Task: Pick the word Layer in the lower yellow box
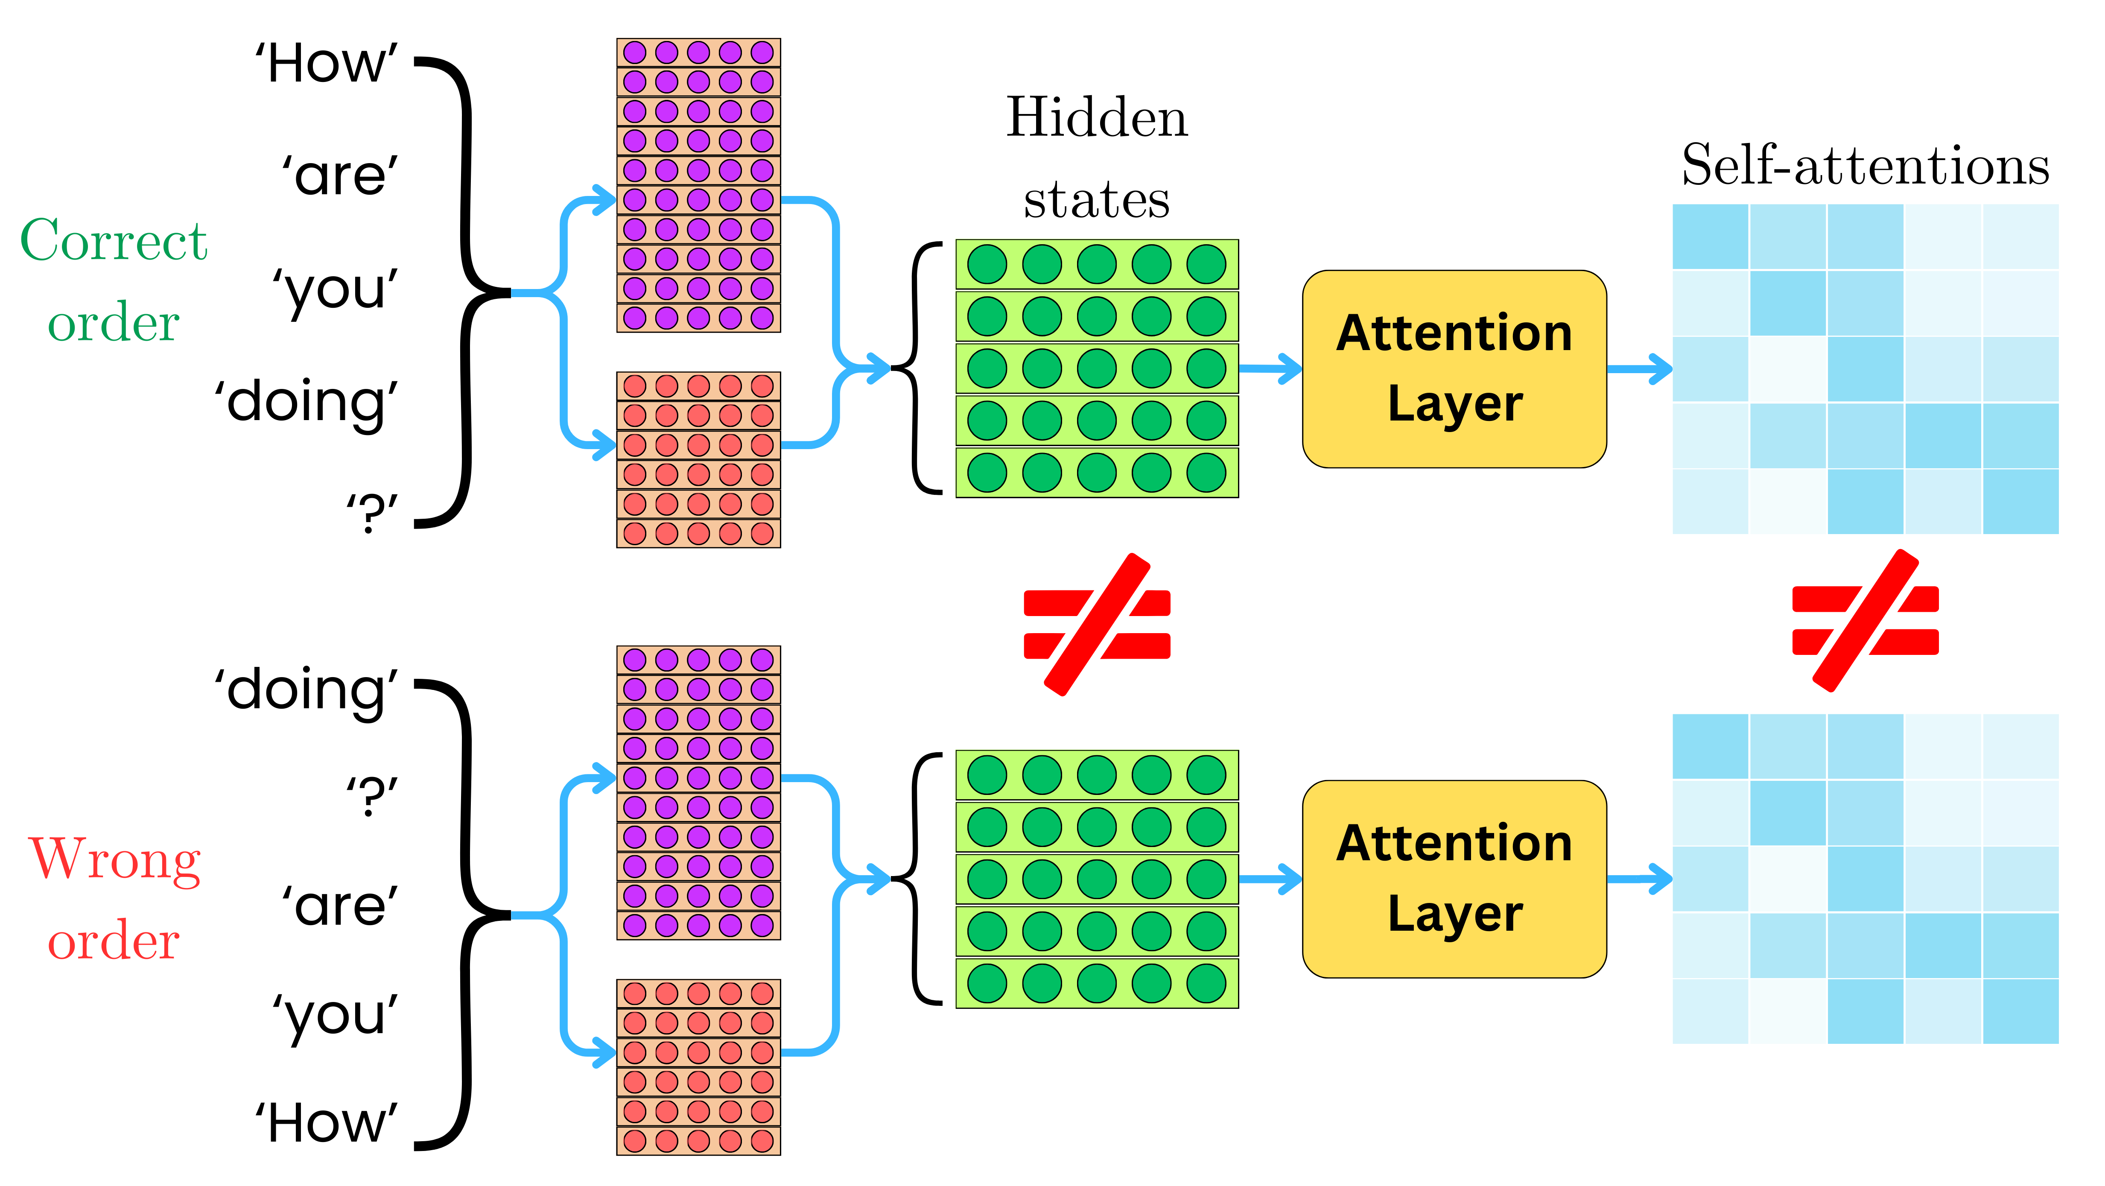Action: click(1454, 914)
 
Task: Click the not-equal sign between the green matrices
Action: click(1097, 625)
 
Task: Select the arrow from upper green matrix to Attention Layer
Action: click(1271, 368)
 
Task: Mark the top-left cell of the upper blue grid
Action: click(1710, 237)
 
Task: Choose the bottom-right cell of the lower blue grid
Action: click(2020, 1011)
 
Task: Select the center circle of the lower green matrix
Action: click(1097, 879)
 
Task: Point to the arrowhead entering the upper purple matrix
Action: click(605, 200)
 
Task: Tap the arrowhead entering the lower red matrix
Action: click(605, 1052)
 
